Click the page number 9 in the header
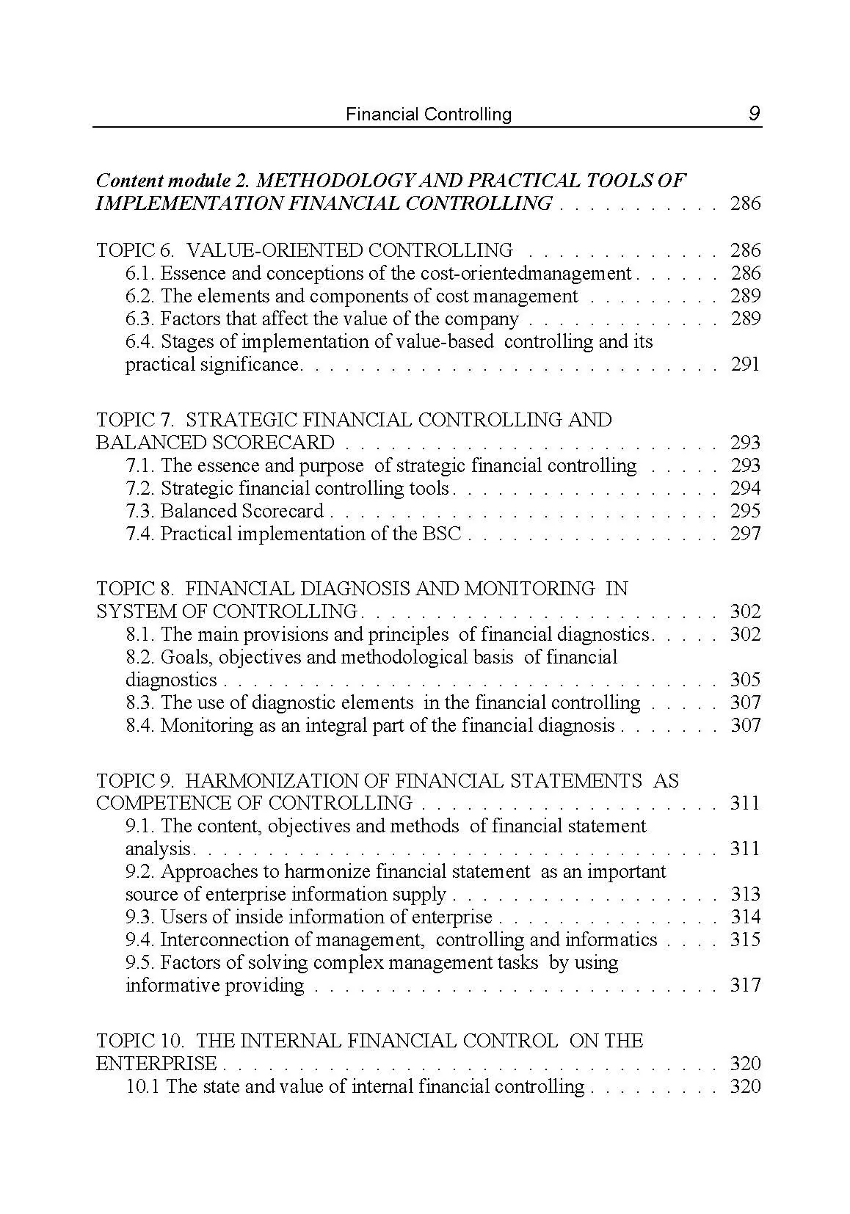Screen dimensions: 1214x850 754,114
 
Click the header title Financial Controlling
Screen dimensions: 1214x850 429,115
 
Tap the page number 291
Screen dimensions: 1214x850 745,365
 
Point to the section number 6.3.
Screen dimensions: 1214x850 139,319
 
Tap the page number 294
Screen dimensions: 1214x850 745,489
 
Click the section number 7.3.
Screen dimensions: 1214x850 139,512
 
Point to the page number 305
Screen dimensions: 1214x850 745,680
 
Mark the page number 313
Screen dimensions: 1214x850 745,895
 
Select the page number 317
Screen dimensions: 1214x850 745,986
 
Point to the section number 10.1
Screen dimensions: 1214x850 142,1087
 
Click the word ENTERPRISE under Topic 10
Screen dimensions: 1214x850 156,1064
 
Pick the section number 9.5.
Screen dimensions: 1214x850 139,963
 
